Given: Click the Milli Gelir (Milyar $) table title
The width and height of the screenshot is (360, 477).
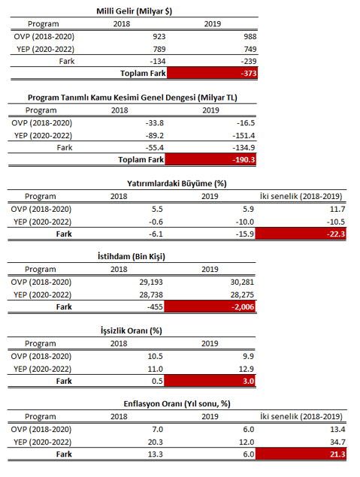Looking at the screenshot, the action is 135,11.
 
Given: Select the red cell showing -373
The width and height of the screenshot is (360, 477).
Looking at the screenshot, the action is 212,73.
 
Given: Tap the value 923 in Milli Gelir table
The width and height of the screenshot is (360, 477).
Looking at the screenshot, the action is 159,37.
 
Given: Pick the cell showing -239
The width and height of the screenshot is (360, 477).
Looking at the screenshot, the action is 249,61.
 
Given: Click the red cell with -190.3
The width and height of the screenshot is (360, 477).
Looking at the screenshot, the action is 210,159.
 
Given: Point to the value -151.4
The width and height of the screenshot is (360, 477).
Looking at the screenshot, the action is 244,135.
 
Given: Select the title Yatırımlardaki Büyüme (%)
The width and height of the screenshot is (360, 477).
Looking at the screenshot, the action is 177,184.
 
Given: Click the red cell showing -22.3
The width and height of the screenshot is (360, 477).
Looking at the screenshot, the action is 301,234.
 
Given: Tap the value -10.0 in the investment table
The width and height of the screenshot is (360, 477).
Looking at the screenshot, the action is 245,222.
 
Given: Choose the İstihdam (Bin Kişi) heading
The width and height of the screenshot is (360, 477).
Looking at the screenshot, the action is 132,256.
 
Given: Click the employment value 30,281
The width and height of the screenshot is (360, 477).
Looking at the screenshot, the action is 242,282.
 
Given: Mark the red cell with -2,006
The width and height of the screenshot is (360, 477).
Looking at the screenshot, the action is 210,306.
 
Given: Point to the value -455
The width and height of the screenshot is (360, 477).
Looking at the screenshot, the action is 155,306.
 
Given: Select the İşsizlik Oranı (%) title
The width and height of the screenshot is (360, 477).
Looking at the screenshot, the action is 132,331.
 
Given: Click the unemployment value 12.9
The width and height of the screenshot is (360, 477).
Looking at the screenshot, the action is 247,369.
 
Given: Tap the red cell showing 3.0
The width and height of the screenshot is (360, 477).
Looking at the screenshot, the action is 210,381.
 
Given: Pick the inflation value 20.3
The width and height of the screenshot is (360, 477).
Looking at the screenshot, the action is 156,442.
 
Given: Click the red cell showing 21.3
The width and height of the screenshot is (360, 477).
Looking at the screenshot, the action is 301,454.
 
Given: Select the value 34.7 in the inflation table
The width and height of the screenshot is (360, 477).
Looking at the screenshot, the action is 337,442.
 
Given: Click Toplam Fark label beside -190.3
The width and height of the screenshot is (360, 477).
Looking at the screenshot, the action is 141,160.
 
